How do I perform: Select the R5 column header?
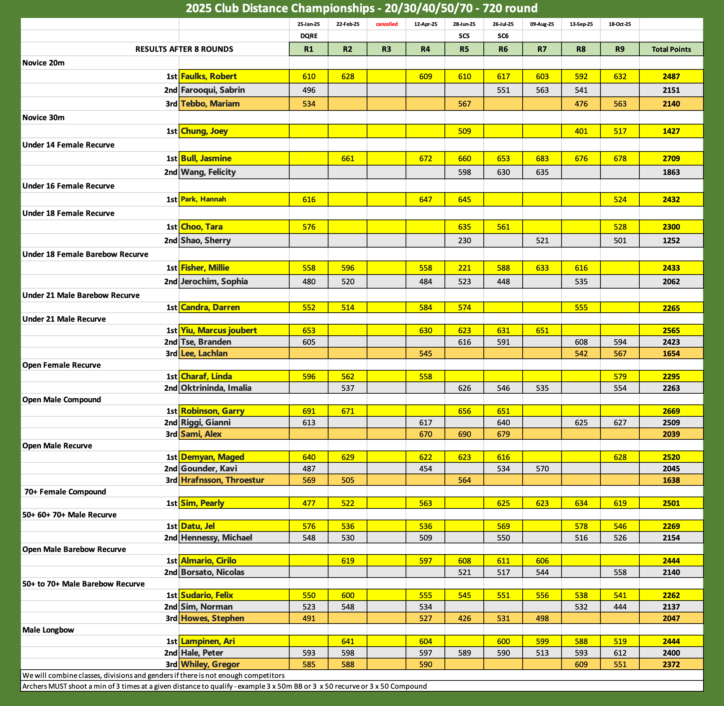point(464,49)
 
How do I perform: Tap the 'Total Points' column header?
point(671,49)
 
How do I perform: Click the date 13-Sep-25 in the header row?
point(581,24)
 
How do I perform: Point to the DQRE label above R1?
point(308,36)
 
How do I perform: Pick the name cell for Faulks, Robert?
point(209,76)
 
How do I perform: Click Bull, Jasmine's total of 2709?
point(671,159)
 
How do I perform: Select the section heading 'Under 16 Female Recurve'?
point(68,186)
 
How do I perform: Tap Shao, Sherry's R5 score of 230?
point(464,241)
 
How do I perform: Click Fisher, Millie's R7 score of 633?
point(542,268)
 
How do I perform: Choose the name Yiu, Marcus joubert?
point(219,330)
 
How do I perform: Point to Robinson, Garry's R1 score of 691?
point(308,411)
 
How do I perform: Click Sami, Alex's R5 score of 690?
point(464,434)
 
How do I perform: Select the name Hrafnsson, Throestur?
point(222,480)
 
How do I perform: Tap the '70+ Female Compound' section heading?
point(65,492)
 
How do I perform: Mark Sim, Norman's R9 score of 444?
point(620,607)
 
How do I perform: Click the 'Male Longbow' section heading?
point(48,630)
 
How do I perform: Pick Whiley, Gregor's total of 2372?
point(671,665)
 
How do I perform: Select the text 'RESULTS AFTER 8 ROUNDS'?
point(184,49)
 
